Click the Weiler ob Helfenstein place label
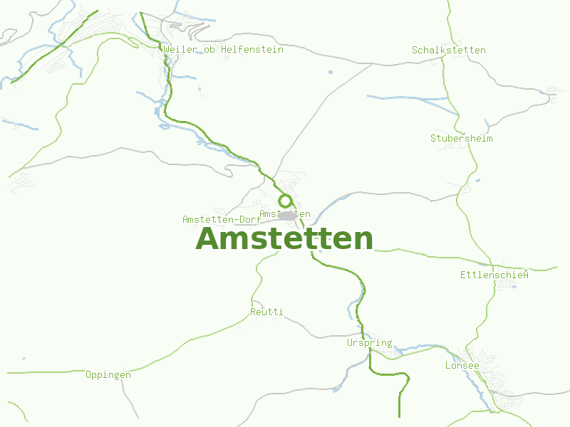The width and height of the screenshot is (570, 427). tap(223, 50)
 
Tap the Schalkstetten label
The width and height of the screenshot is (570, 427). tap(449, 51)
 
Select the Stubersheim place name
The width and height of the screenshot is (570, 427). tap(461, 138)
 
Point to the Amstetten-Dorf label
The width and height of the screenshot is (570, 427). tap(221, 219)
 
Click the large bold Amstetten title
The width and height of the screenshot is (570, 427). tap(284, 238)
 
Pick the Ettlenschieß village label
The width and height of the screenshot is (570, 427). tap(494, 274)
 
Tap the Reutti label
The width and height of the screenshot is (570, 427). tap(266, 312)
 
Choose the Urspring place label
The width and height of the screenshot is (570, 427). tap(369, 343)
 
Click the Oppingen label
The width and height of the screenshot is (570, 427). tap(108, 374)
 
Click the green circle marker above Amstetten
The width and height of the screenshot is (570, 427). tap(285, 201)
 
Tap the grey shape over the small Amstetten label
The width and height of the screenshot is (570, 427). tap(287, 215)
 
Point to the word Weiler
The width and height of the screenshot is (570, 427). tap(179, 50)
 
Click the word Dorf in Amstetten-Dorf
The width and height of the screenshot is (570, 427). tap(249, 219)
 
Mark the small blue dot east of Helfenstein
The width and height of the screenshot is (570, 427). tap(330, 72)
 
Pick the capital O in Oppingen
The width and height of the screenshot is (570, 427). tap(88, 374)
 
